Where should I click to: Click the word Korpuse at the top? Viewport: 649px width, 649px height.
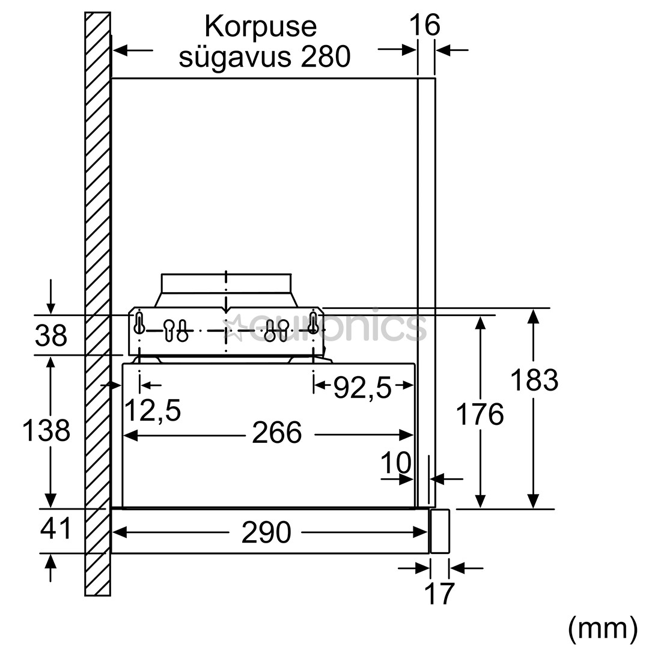point(260,27)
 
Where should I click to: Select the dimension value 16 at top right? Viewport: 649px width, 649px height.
point(425,25)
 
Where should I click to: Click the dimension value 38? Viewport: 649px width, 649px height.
point(50,336)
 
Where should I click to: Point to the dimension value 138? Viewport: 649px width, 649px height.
point(46,431)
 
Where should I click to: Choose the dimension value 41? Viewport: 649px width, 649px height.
point(56,529)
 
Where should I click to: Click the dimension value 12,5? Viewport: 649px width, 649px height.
point(152,411)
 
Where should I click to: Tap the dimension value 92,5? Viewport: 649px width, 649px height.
point(362,388)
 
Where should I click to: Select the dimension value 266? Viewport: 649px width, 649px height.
point(276,433)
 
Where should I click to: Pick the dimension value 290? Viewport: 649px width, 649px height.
point(266,532)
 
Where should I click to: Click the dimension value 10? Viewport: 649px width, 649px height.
point(396,463)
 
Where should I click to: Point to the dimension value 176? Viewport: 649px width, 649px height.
point(480,415)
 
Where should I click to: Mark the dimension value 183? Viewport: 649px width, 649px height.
point(534,380)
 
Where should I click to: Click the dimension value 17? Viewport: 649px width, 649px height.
point(439,594)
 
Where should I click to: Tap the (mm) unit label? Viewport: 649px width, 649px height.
point(602,628)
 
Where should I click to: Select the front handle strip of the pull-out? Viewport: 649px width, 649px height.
point(440,531)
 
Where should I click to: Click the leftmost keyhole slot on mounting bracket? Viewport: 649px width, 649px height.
point(139,322)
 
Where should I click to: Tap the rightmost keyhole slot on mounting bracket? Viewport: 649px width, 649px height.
point(312,322)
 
